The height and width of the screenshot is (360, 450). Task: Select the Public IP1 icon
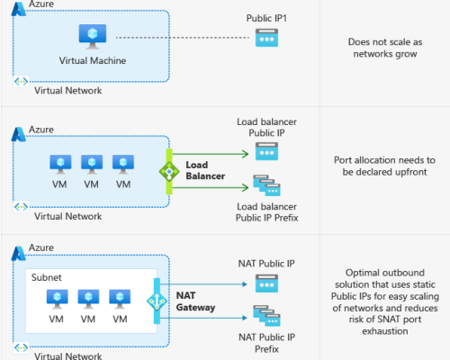(266, 39)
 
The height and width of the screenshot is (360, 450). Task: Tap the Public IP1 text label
(266, 18)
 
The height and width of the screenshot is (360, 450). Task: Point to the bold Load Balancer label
(203, 171)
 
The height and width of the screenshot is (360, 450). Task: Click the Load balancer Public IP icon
(266, 152)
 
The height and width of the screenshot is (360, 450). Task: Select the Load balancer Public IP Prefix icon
(266, 187)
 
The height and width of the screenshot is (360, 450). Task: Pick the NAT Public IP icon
(266, 283)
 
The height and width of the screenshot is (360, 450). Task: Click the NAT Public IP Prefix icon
(266, 318)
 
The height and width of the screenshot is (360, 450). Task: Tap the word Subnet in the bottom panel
(47, 278)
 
